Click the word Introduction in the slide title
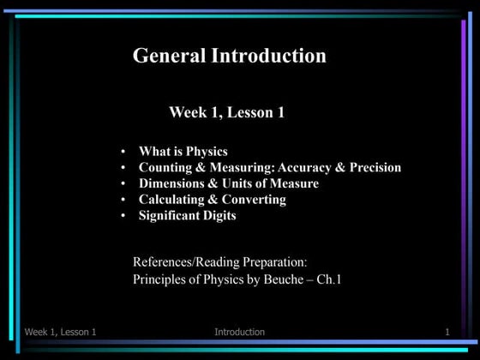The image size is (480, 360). pos(268,57)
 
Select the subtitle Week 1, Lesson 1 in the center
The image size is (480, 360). pos(226,111)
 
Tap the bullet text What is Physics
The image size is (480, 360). pos(183,152)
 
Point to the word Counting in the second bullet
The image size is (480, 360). pos(166,168)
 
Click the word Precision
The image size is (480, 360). pos(372,168)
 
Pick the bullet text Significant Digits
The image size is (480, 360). pos(187,216)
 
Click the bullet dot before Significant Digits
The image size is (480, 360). pos(123,216)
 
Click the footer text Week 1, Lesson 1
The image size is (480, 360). pos(60,332)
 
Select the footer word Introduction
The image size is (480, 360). pos(239,332)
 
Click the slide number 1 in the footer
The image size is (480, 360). pos(447,332)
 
